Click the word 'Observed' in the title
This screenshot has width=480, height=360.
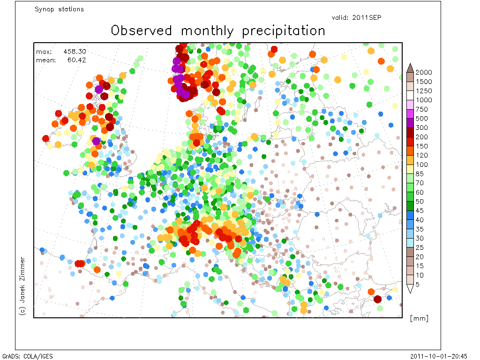point(142,30)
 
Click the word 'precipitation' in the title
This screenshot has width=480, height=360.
point(284,31)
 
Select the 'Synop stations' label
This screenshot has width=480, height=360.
point(59,9)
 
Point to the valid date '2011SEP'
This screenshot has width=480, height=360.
point(367,17)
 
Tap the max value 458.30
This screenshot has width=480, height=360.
point(75,52)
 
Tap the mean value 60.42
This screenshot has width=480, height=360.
point(76,60)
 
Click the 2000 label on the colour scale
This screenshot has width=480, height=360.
point(424,72)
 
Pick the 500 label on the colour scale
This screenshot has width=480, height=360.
point(421,119)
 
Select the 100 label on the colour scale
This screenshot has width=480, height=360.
point(421,165)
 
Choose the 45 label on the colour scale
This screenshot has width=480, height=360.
point(420,210)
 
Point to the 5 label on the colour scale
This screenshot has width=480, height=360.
point(418,285)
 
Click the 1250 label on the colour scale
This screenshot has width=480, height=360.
point(424,91)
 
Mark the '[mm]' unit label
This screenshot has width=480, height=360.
point(419,318)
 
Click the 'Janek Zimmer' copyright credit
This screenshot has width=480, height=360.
point(22,286)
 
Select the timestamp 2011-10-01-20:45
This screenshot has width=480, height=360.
point(439,356)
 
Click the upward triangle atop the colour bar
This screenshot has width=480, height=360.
point(410,67)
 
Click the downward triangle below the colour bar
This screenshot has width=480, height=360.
point(410,289)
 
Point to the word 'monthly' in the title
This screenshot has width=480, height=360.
point(207,31)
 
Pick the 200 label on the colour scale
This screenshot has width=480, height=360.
point(421,137)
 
